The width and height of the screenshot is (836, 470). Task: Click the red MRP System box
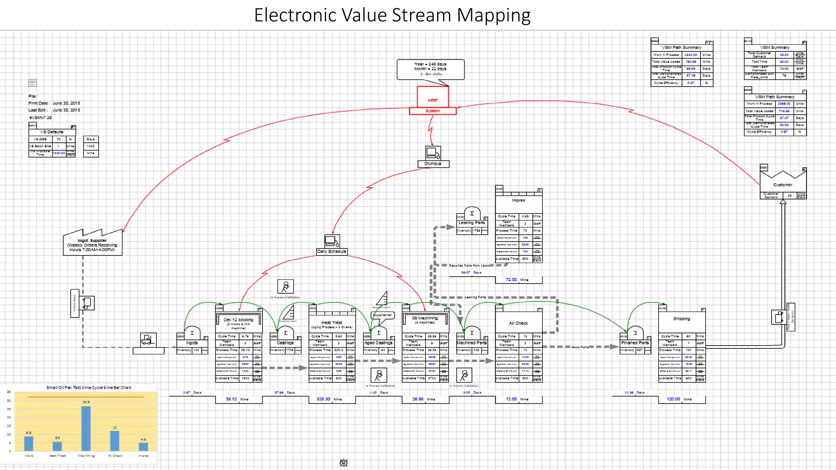click(433, 100)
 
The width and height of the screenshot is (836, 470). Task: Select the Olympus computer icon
click(433, 153)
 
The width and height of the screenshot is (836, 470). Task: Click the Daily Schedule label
click(331, 252)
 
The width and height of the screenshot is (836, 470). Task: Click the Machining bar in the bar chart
click(86, 428)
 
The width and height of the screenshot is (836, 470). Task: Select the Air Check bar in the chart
click(115, 440)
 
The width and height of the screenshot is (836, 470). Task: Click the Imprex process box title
click(518, 200)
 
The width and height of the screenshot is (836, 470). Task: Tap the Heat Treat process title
click(331, 323)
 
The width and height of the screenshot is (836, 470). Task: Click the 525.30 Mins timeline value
click(324, 399)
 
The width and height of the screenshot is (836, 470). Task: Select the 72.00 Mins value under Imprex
click(511, 280)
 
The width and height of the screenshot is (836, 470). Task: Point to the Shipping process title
click(681, 319)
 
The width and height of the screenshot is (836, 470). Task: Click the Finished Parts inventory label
click(635, 343)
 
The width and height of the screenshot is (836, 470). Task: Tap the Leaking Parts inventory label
click(471, 223)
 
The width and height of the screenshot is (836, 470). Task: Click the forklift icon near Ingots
click(148, 339)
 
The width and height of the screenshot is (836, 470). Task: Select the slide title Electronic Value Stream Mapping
click(392, 16)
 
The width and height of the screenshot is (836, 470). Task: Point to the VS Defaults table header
click(52, 132)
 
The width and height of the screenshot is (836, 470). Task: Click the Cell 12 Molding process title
click(238, 320)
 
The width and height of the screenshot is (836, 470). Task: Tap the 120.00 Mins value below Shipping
click(673, 399)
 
